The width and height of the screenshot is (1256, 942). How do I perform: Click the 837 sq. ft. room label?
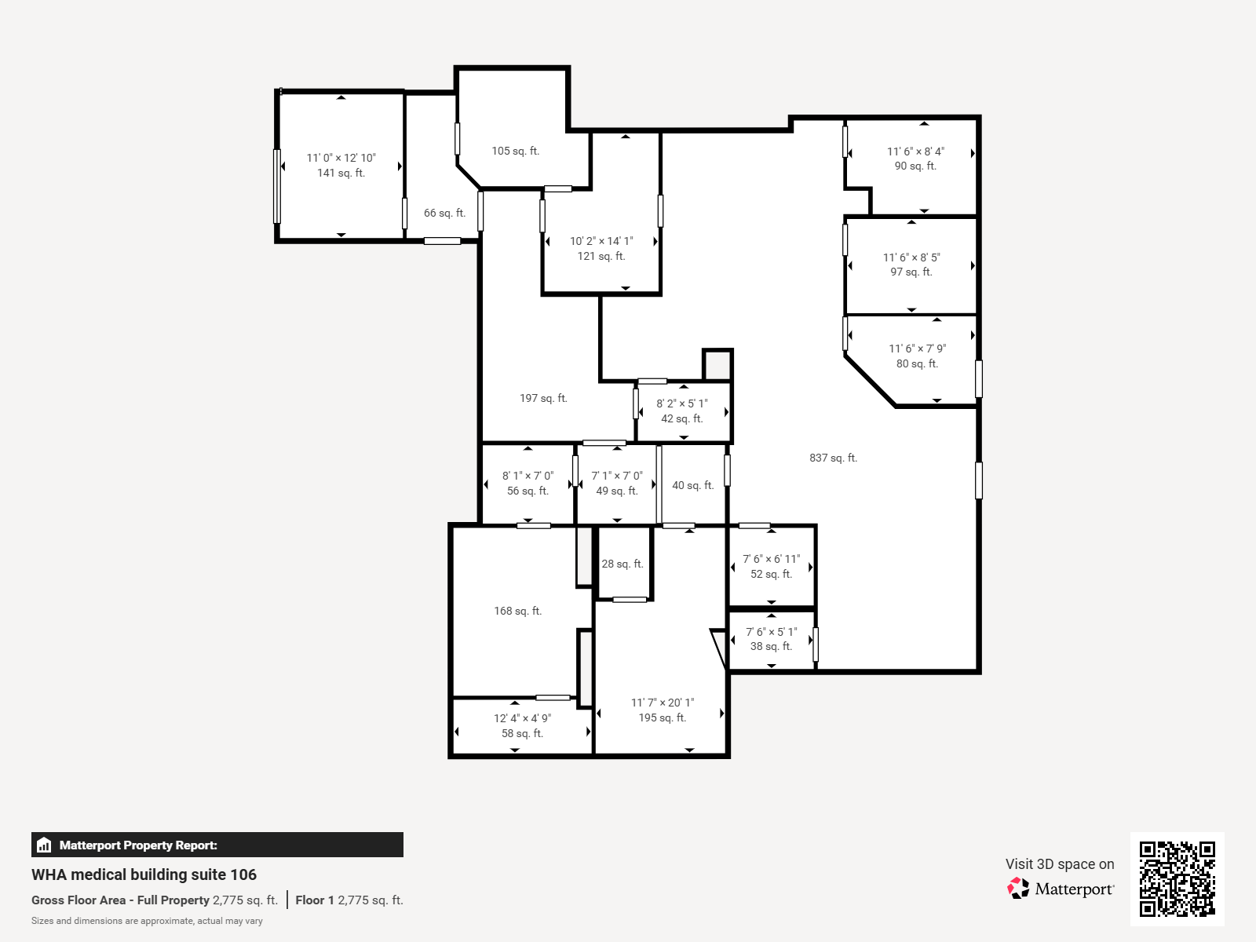click(x=833, y=458)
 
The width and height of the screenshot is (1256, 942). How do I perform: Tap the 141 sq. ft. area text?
click(x=341, y=173)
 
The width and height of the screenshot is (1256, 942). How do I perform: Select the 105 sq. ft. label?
click(x=516, y=151)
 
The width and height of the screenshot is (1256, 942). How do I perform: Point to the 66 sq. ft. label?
click(x=444, y=213)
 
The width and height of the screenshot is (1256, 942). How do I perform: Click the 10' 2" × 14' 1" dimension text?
click(x=601, y=241)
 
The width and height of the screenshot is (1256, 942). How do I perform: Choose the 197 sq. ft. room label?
click(x=543, y=398)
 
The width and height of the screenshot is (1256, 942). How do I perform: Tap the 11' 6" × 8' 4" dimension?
click(x=915, y=151)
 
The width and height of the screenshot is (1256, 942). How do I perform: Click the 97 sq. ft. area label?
click(x=911, y=272)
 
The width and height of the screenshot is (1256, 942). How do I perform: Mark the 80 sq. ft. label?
click(x=917, y=363)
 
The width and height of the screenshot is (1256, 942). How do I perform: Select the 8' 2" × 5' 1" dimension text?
click(x=682, y=403)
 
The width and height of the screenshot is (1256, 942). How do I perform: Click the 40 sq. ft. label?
click(x=693, y=485)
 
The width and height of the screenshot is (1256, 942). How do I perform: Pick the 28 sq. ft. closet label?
click(x=623, y=564)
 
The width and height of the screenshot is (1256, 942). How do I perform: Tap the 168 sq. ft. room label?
click(x=518, y=611)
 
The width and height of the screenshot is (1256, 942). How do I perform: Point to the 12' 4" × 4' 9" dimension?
click(x=523, y=717)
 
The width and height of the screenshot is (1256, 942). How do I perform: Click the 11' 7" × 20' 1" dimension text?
click(x=663, y=703)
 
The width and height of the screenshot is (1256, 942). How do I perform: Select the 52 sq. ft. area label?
click(x=772, y=574)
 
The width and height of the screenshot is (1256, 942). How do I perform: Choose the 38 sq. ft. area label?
click(x=772, y=646)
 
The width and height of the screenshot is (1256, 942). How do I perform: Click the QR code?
click(x=1177, y=879)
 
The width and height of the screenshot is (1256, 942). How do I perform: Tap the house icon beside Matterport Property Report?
click(x=44, y=845)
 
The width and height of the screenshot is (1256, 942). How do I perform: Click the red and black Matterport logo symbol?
click(x=1018, y=889)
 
